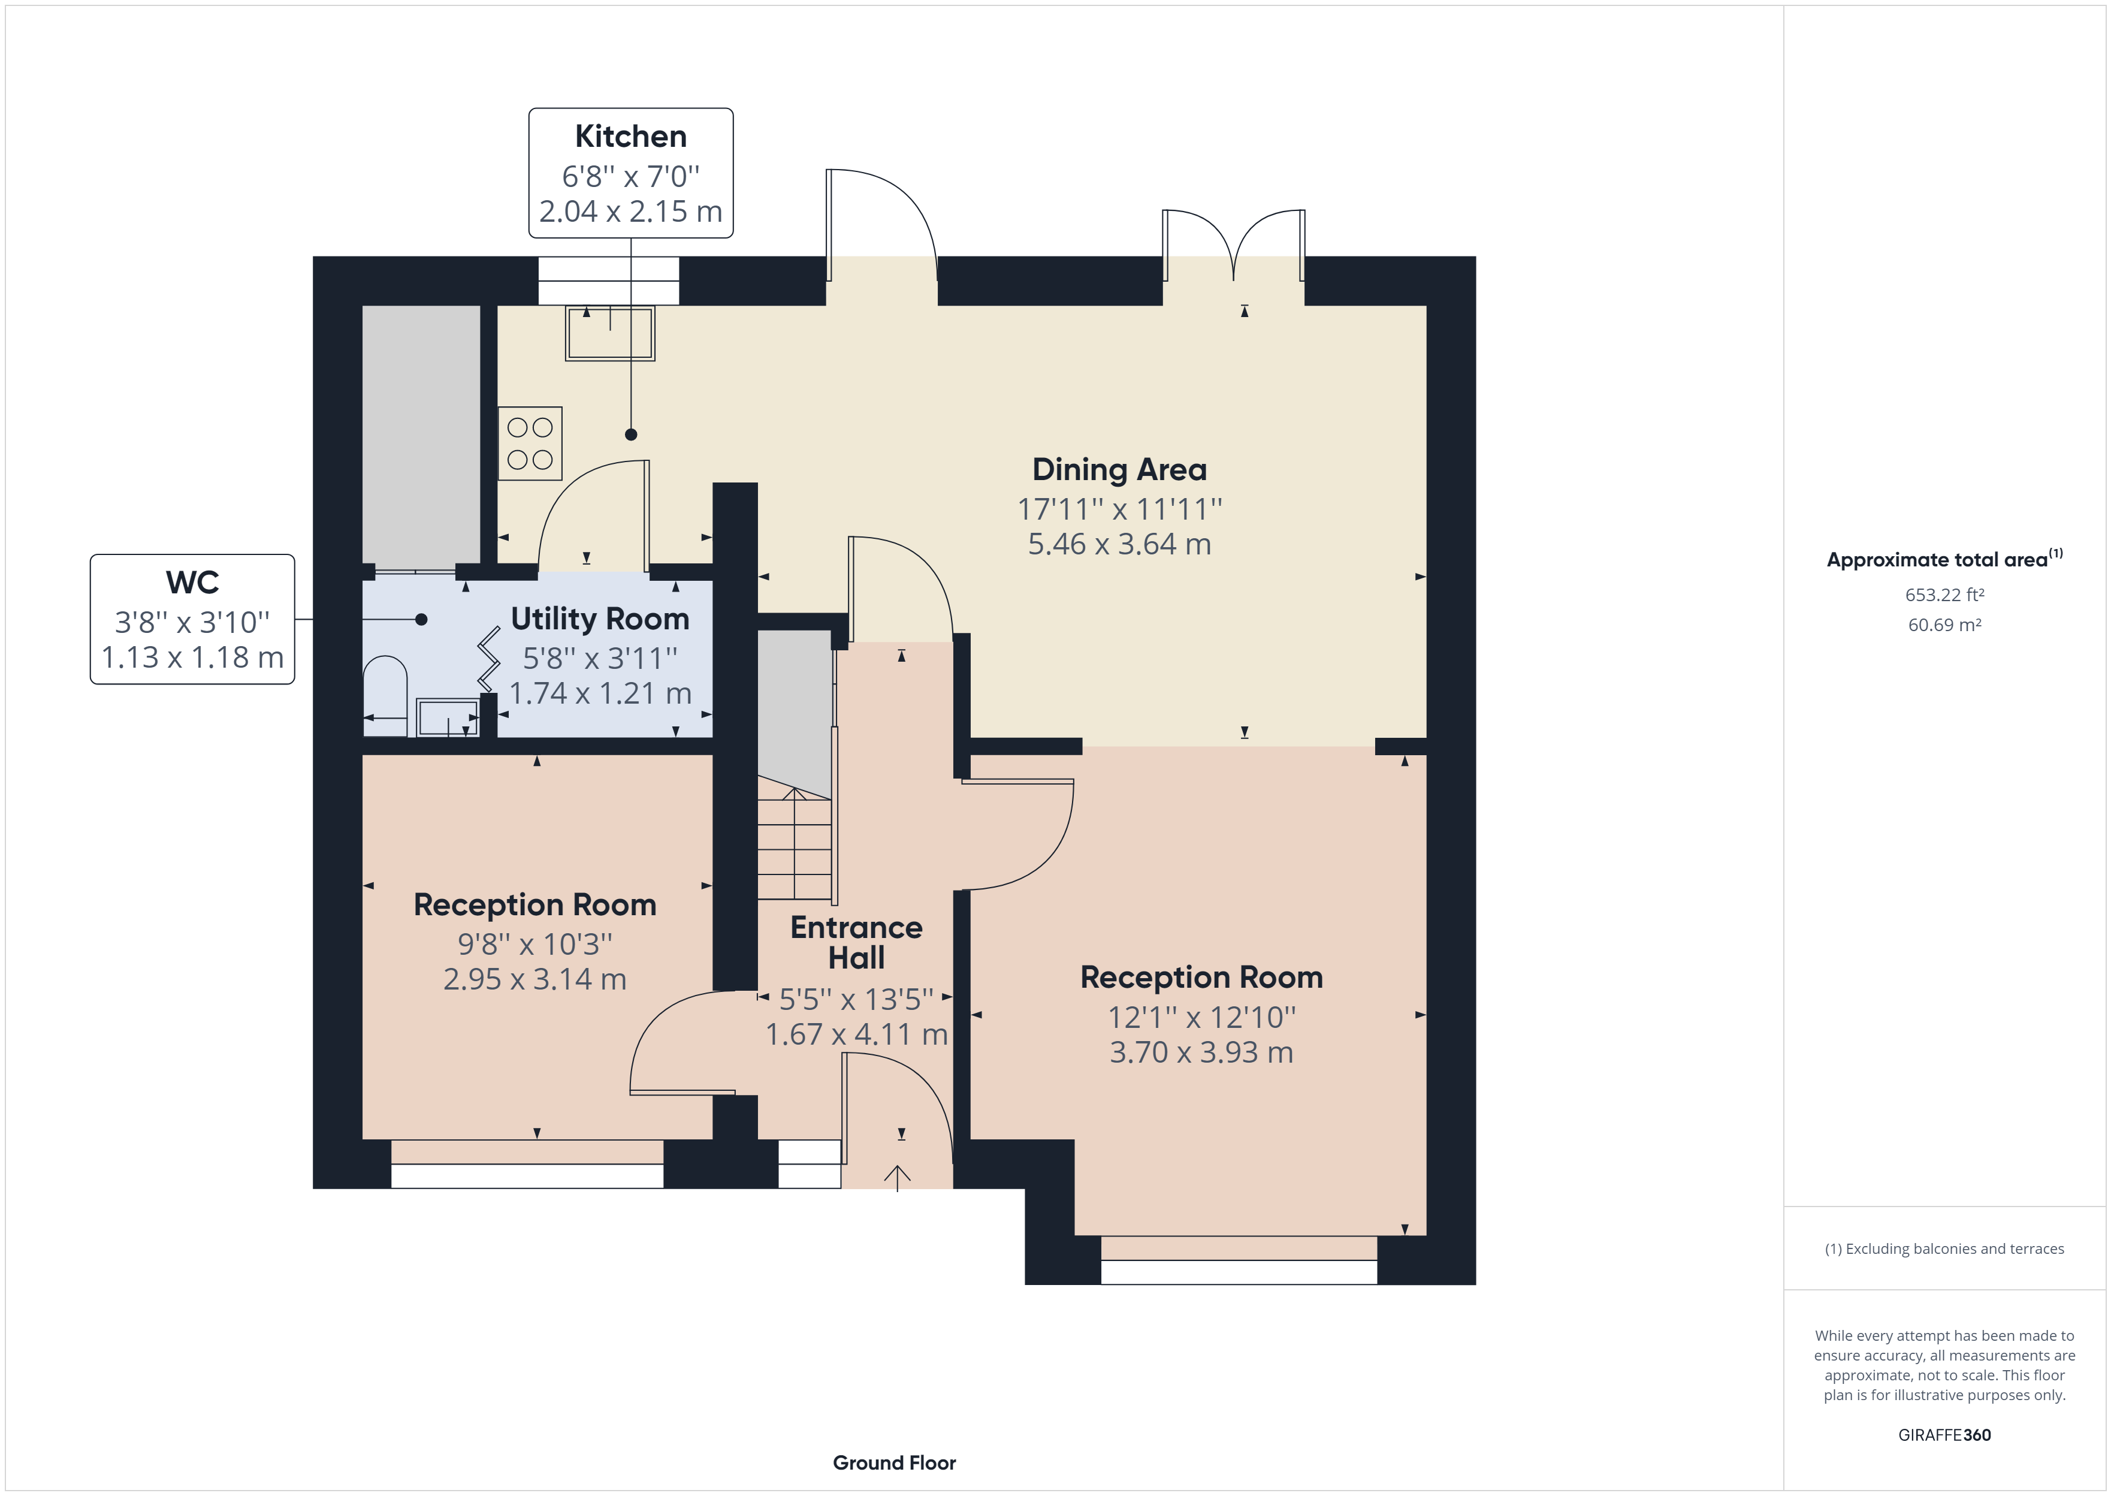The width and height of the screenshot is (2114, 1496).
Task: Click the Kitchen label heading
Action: [x=631, y=136]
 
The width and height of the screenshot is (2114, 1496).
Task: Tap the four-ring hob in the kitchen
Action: [x=530, y=443]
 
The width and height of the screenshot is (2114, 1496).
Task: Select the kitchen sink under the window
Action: [x=609, y=333]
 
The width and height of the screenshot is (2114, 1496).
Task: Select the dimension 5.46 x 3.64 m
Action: [x=1119, y=544]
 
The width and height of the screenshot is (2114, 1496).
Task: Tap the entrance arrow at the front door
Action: [x=898, y=1177]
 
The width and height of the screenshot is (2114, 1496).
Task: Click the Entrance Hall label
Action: [x=856, y=942]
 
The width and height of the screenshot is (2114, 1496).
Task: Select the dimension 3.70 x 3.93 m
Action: [x=1201, y=1052]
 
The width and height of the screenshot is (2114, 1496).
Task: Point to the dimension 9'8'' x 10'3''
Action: [x=535, y=944]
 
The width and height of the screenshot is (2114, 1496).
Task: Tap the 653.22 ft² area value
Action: [x=1944, y=595]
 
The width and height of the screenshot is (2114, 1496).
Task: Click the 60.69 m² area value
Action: [x=1944, y=625]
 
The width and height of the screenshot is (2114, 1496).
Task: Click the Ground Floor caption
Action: [x=894, y=1463]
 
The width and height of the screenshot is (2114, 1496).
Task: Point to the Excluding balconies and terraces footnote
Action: [x=1944, y=1249]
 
